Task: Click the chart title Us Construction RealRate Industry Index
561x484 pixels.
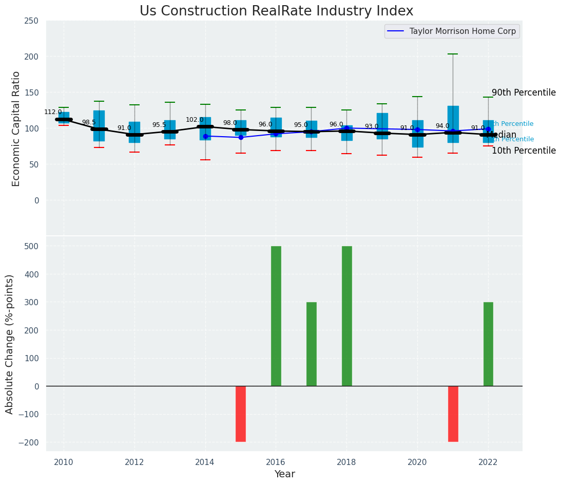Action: (x=276, y=11)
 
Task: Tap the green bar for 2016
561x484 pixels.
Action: (x=276, y=316)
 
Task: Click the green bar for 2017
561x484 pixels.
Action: (x=312, y=344)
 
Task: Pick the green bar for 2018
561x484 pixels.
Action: (x=347, y=316)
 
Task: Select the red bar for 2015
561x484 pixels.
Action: (x=241, y=414)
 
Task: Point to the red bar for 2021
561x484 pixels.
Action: (x=453, y=414)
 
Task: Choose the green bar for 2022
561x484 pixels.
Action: (x=488, y=344)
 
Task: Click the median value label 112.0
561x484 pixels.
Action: (x=53, y=112)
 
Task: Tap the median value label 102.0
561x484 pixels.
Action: (x=195, y=120)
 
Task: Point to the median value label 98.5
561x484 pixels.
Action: (x=89, y=122)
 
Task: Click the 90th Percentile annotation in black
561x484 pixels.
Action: (x=524, y=93)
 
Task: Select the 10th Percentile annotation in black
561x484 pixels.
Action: (x=524, y=151)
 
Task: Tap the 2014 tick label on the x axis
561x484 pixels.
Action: (x=205, y=462)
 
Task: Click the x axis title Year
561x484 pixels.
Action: (x=284, y=474)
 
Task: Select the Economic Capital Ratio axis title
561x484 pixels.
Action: (x=16, y=128)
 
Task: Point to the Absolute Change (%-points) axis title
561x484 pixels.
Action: (x=10, y=344)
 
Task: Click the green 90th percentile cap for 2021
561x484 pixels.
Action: (x=453, y=54)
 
